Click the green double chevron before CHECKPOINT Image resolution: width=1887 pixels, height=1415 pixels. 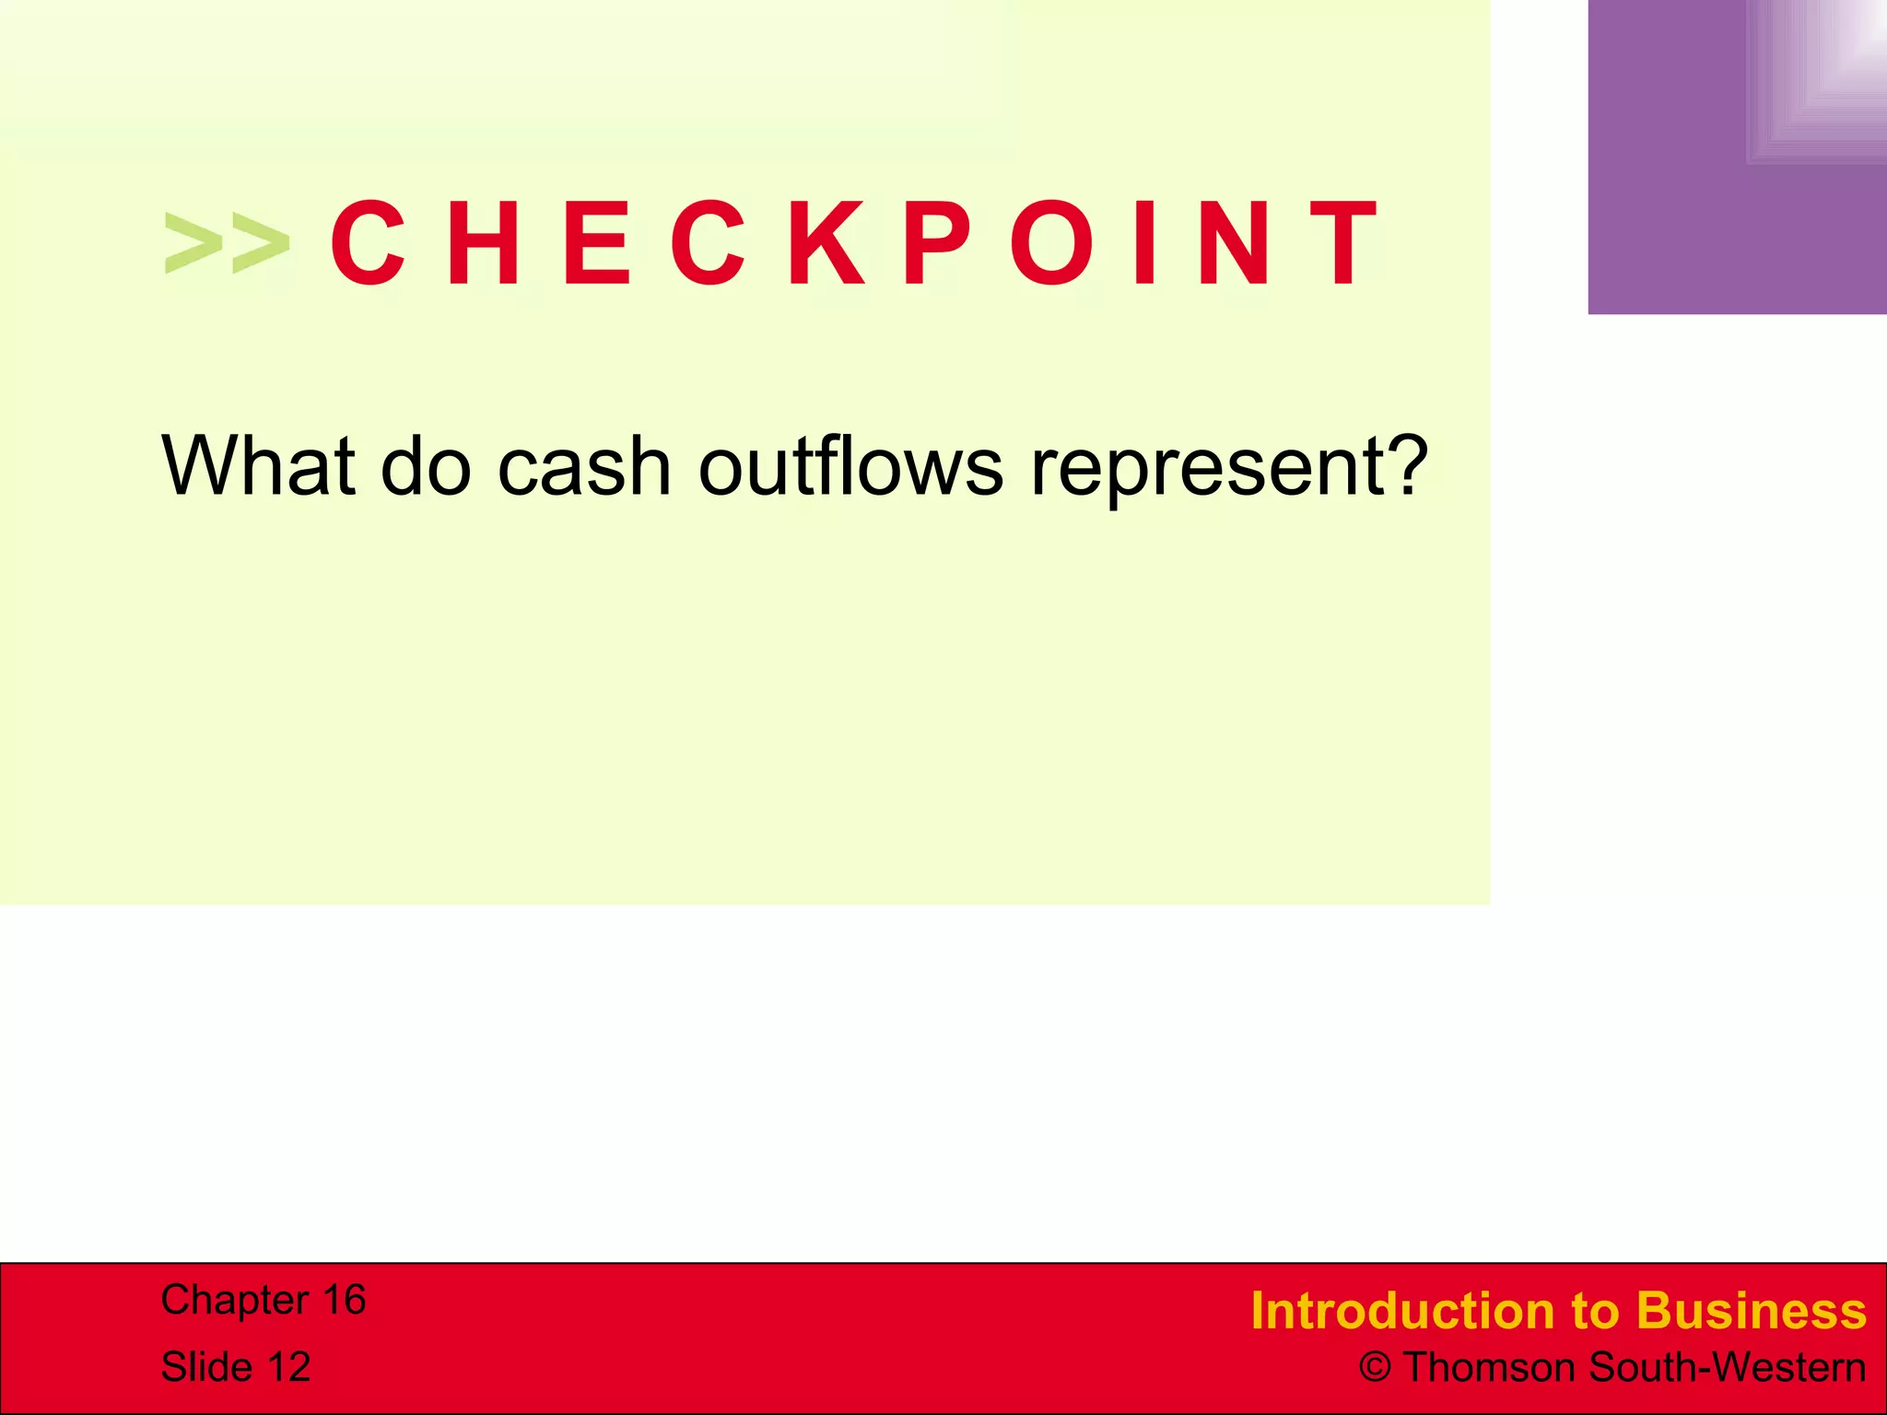tap(227, 244)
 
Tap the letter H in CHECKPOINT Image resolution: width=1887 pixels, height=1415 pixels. tap(483, 244)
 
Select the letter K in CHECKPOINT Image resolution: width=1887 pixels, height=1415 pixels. tap(826, 244)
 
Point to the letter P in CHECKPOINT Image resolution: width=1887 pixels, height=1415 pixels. tap(937, 244)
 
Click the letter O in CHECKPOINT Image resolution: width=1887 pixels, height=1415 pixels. tap(1056, 244)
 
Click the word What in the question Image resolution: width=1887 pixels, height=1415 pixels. tap(259, 465)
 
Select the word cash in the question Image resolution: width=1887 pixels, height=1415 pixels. tap(584, 465)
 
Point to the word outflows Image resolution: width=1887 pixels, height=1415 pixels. tap(850, 465)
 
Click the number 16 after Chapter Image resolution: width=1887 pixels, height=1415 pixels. tap(344, 1300)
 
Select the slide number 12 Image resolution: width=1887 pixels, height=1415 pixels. tap(288, 1367)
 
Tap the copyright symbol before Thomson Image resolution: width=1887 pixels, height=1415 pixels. tap(1375, 1368)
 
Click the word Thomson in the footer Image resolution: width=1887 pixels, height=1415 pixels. tap(1491, 1368)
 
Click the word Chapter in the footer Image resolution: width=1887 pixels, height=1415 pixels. tap(234, 1300)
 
